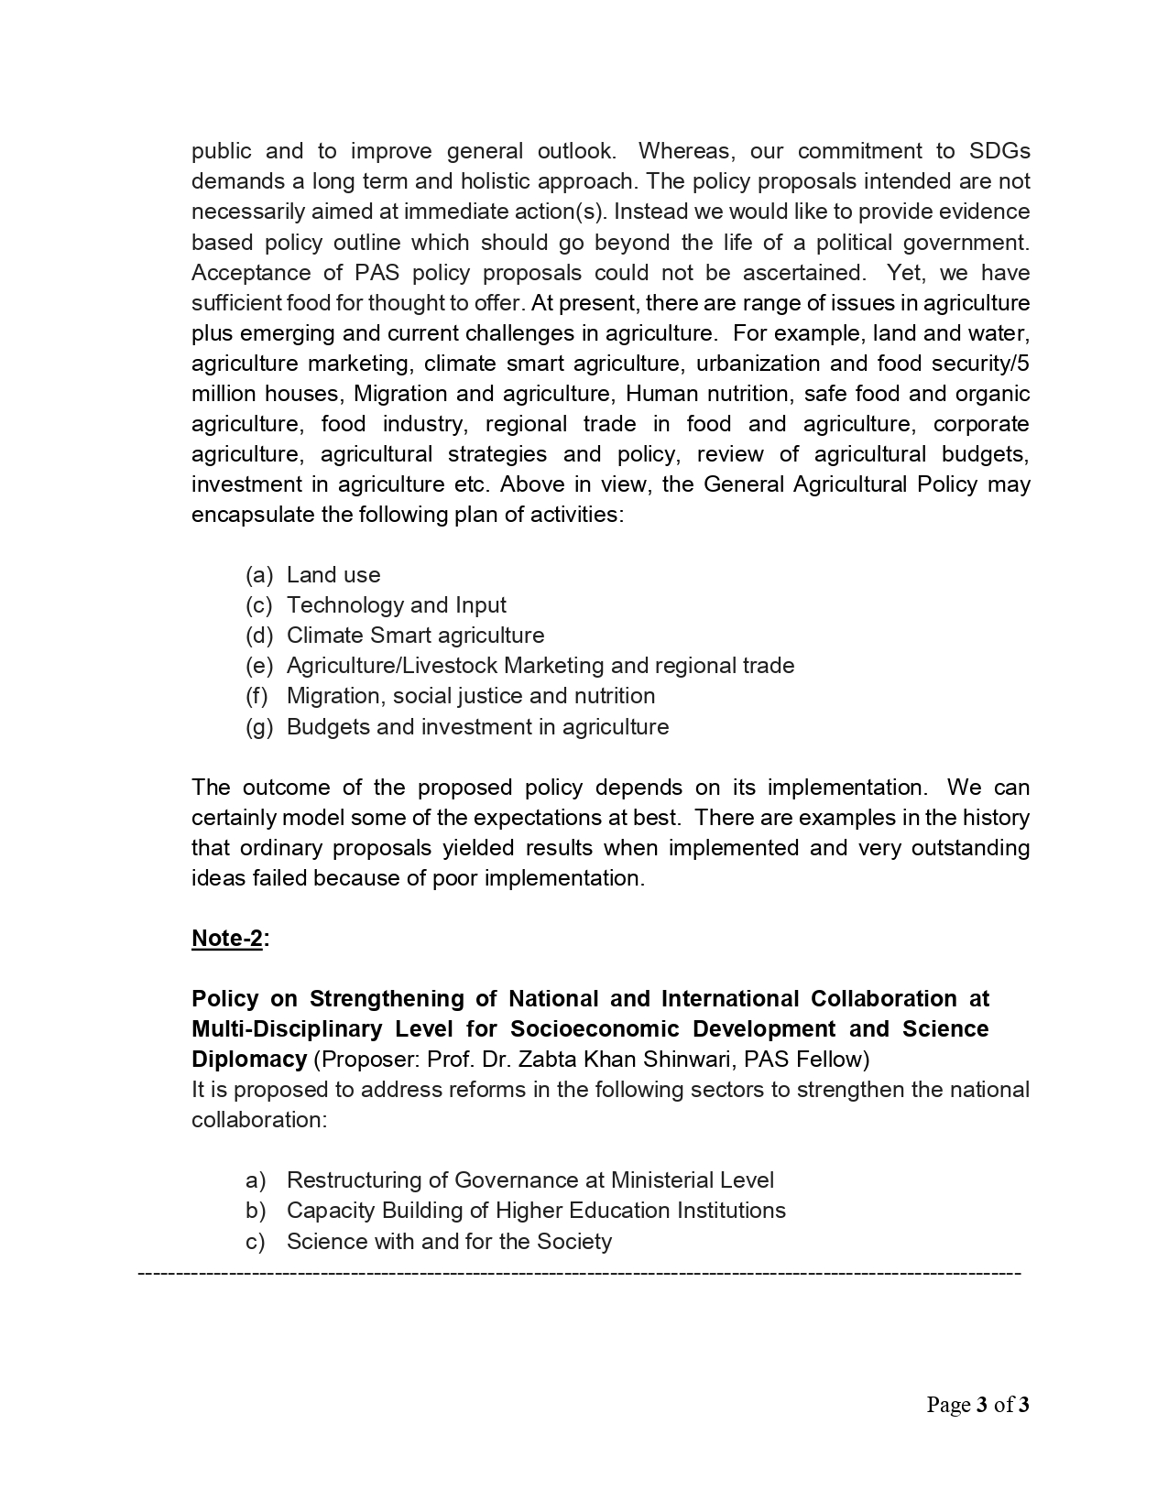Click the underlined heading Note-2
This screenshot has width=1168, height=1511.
227,939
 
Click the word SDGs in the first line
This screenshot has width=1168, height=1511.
999,151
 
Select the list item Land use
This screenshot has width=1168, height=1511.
333,575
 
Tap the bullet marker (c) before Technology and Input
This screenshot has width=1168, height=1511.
259,605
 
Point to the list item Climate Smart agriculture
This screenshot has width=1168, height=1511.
415,636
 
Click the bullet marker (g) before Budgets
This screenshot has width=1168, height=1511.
259,727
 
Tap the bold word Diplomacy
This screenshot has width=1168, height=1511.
248,1060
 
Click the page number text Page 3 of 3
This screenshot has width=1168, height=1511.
977,1405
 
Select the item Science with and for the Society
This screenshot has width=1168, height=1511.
449,1242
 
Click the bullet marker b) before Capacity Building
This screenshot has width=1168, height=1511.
256,1211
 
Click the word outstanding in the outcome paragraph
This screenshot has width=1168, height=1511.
970,848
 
